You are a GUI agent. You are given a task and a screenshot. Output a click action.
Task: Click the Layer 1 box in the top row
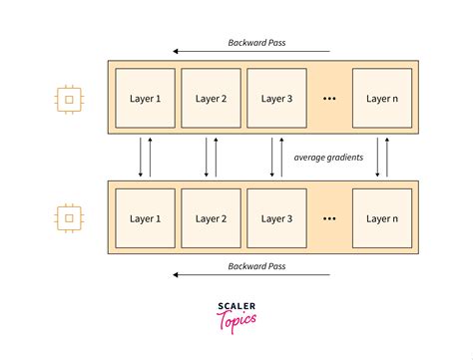[x=143, y=99]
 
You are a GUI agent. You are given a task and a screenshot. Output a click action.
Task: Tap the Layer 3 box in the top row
[x=275, y=99]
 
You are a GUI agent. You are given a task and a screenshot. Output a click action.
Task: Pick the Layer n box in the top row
[x=381, y=99]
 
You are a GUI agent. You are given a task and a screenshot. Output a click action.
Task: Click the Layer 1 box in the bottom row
[x=143, y=218]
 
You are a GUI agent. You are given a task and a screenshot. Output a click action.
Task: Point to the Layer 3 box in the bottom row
[x=275, y=218]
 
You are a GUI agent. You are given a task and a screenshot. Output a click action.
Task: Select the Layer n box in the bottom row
[x=381, y=218]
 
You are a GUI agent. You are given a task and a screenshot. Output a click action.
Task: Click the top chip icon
[x=68, y=100]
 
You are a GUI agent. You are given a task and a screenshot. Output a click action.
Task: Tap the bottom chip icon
[x=68, y=217]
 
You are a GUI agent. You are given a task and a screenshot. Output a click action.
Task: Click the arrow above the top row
[x=249, y=51]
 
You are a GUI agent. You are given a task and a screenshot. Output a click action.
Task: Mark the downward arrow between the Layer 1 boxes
[x=141, y=159]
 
